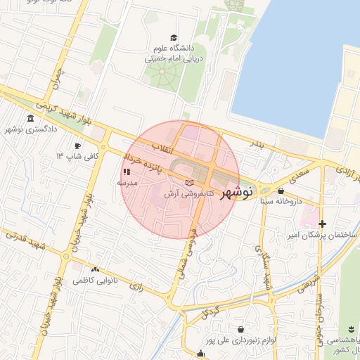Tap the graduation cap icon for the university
coord(174,38)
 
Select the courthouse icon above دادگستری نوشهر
coord(30,118)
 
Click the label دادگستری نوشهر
coord(29,129)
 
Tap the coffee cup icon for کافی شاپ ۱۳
coord(78,146)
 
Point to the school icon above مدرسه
coord(127,172)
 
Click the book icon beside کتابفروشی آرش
coord(188,182)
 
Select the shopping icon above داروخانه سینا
coord(281,191)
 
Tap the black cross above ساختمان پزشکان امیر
coord(323,224)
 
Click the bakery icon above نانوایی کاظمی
coord(95,269)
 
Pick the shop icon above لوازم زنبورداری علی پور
coord(242,328)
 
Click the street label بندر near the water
coord(258,145)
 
